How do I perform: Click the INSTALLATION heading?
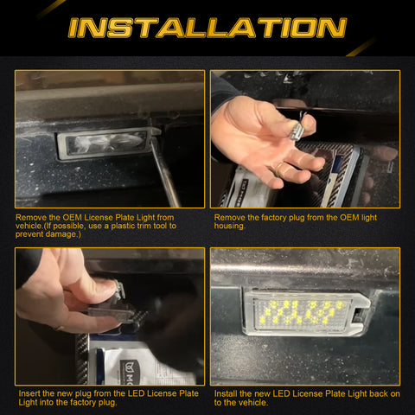coord(207,28)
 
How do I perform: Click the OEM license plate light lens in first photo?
coord(106,144)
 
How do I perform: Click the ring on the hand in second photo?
coord(280,168)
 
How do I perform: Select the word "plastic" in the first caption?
coord(126,226)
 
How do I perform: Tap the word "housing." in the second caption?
coord(230,226)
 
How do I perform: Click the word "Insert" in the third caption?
coord(29,393)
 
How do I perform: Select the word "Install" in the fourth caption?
coord(226,394)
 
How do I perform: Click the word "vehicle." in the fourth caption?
coord(253,403)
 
